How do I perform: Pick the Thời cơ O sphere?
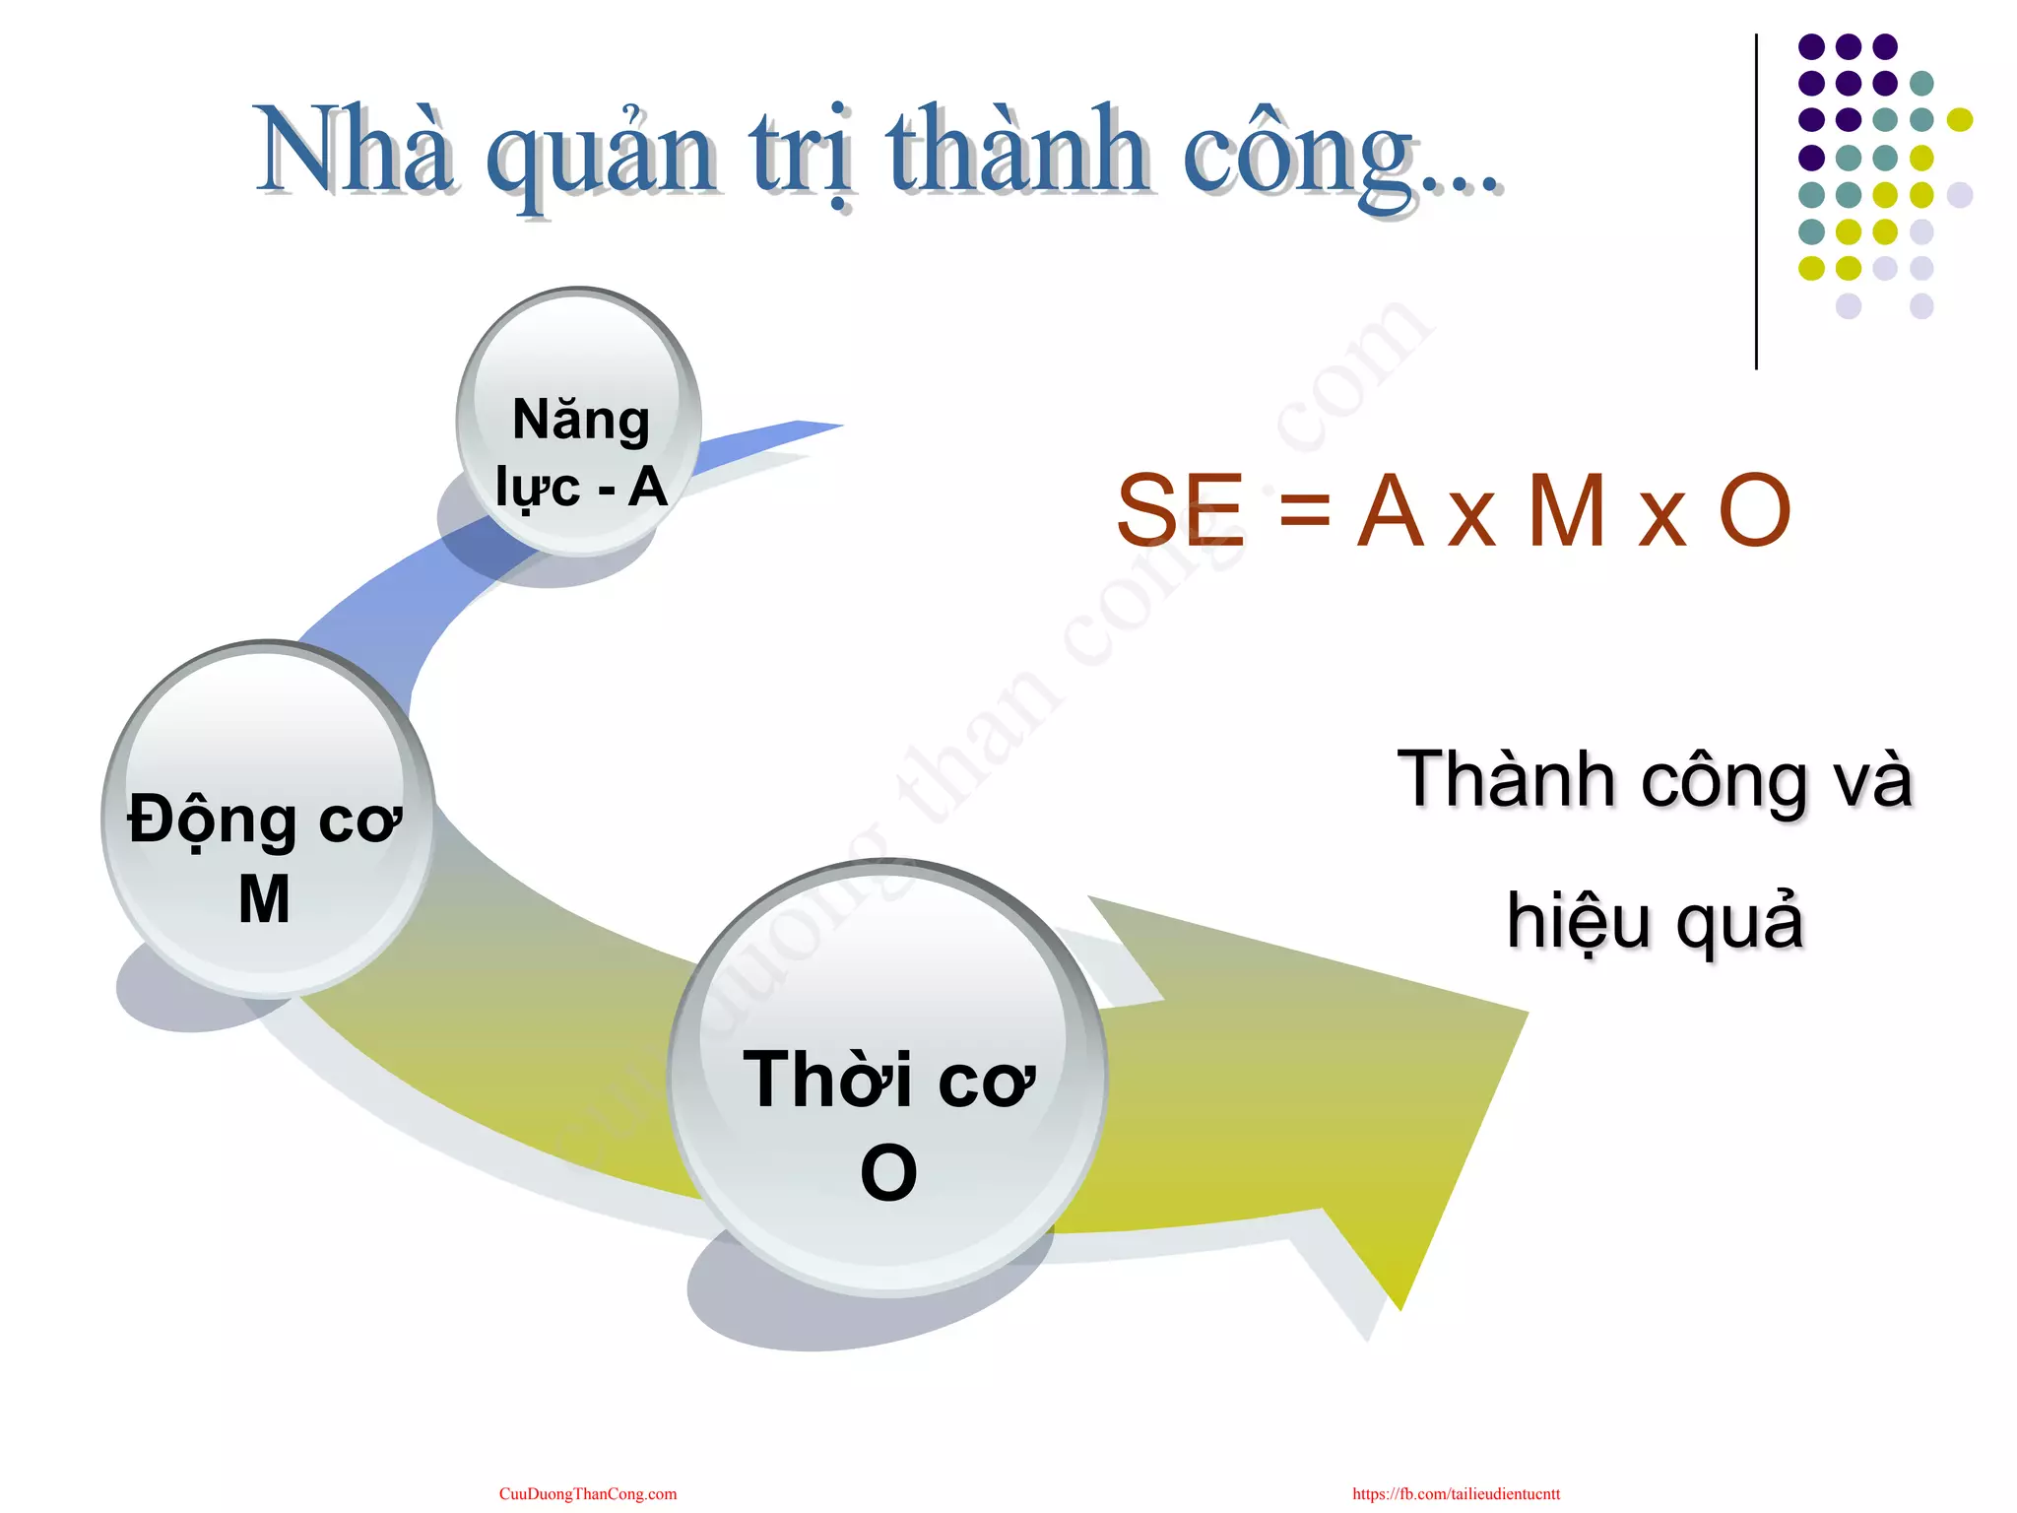886,1079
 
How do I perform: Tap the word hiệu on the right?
1578,921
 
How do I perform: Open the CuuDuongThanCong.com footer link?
588,1493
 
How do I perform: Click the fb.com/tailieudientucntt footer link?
1456,1493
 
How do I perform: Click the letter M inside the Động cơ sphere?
264,898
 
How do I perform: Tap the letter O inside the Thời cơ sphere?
888,1172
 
